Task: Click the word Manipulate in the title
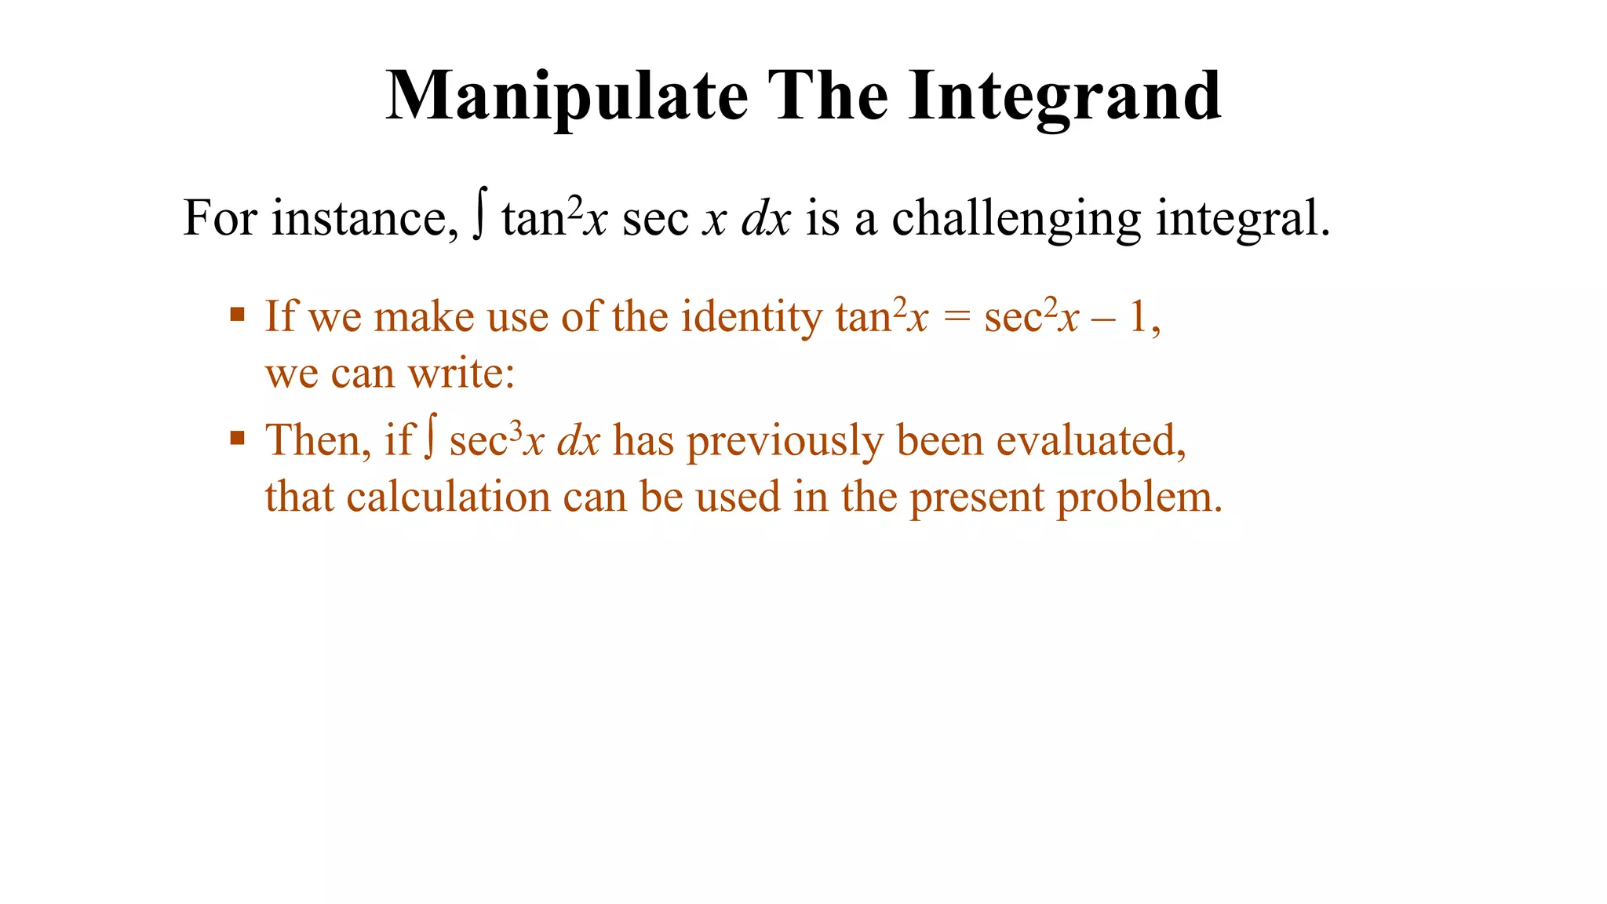pyautogui.click(x=567, y=97)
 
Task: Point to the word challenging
pyautogui.click(x=1016, y=218)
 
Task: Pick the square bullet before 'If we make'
pyautogui.click(x=238, y=315)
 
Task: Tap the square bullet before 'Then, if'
pyautogui.click(x=238, y=438)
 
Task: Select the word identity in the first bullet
pyautogui.click(x=752, y=318)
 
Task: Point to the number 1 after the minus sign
pyautogui.click(x=1138, y=318)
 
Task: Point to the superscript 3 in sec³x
pyautogui.click(x=516, y=429)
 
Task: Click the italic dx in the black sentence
pyautogui.click(x=766, y=218)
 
